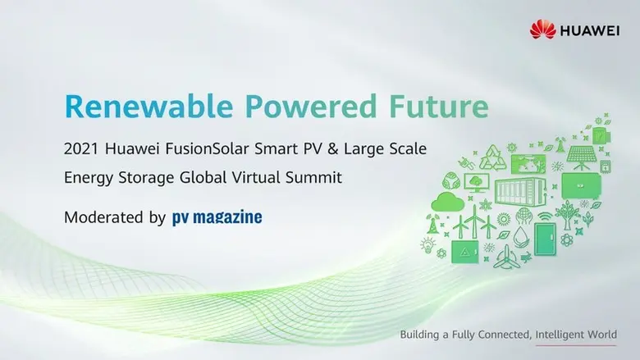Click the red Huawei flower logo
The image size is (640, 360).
click(x=542, y=30)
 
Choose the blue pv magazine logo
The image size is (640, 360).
click(x=217, y=218)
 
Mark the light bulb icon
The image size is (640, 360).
click(x=427, y=244)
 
